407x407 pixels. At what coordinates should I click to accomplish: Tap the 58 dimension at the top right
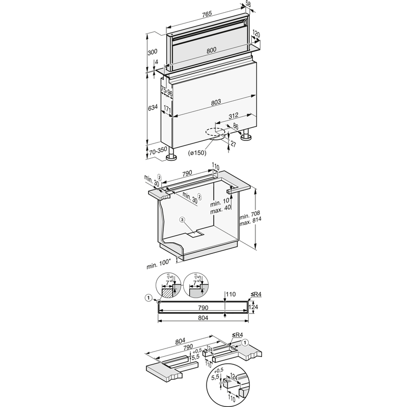tap(248, 5)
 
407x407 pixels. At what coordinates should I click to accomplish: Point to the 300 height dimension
tap(152, 52)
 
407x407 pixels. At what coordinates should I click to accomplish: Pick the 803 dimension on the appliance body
tap(215, 102)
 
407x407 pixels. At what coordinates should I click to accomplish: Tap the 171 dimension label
tap(166, 108)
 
